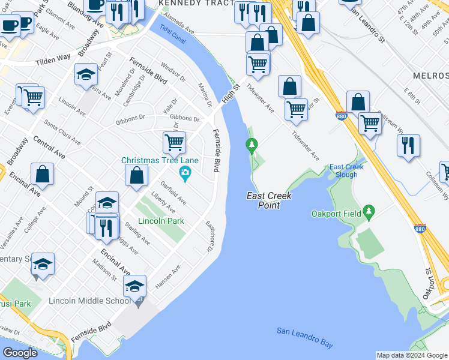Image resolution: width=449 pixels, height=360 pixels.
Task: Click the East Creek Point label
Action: coord(262,201)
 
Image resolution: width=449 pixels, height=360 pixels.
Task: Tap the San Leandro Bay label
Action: coord(304,337)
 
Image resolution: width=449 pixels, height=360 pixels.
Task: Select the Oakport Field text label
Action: coord(336,214)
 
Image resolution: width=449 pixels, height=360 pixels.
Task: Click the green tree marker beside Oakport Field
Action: coord(369,212)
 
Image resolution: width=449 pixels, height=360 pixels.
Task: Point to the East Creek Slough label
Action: coord(343,171)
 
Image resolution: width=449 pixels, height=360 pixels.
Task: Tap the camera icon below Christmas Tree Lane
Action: coord(185,174)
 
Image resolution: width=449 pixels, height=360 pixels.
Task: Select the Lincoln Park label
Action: coord(161,221)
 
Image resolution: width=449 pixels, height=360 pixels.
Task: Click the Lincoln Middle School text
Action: coord(88,301)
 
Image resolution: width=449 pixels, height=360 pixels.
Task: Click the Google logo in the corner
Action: coord(20,353)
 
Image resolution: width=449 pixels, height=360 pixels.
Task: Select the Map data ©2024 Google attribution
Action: coord(412,355)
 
